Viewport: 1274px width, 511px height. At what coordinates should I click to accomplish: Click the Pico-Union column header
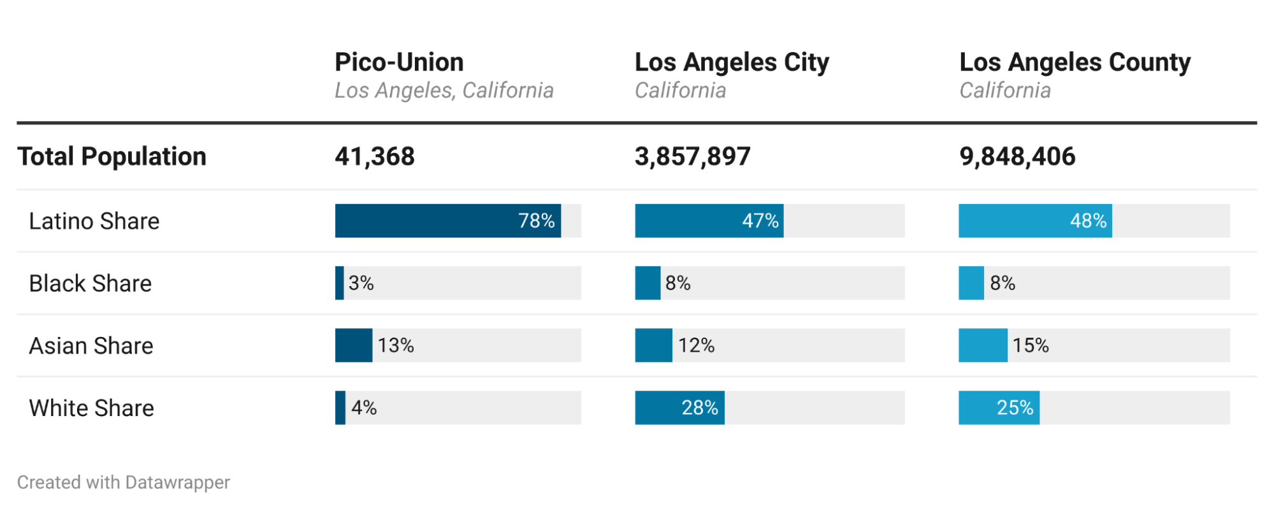tap(399, 62)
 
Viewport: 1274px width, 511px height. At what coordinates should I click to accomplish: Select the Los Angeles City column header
tap(732, 62)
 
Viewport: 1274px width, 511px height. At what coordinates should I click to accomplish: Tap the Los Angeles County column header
tap(1075, 62)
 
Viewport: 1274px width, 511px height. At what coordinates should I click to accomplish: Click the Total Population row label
tap(112, 157)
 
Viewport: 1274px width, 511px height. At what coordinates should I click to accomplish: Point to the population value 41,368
tap(375, 157)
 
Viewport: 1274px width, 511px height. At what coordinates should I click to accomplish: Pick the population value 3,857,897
tap(693, 157)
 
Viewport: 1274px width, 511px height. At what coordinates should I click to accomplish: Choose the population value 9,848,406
tap(1017, 157)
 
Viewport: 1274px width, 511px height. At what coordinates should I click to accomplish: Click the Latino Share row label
tap(94, 221)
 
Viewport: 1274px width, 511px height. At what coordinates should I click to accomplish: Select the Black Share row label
tap(90, 284)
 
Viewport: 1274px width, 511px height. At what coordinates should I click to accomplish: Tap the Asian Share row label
tap(91, 346)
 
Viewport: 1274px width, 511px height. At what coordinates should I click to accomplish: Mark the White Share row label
tap(92, 408)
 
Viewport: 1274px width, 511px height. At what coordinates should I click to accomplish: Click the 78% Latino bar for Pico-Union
tap(447, 221)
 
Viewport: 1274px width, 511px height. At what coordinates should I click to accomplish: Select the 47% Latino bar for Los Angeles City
tap(709, 221)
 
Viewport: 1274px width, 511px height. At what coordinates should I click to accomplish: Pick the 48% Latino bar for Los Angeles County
tap(1035, 221)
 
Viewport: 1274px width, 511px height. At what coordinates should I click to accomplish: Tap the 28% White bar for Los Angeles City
tap(679, 408)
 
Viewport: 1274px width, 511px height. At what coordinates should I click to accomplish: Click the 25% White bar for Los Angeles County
tap(999, 408)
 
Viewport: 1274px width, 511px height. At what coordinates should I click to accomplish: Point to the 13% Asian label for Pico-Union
tap(396, 346)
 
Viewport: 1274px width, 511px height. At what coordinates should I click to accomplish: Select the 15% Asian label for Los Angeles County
tap(1031, 346)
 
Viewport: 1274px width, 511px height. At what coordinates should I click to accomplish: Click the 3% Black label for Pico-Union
tap(361, 284)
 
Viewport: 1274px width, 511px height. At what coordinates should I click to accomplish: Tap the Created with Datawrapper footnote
tap(124, 482)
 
